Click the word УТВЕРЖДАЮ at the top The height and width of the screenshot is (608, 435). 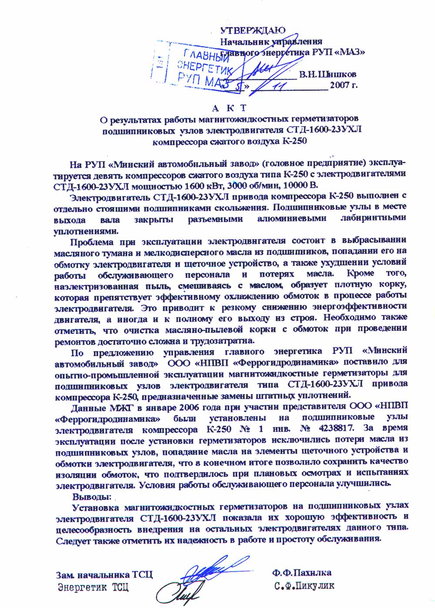pyautogui.click(x=253, y=30)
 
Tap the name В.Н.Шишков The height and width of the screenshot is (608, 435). pyautogui.click(x=328, y=74)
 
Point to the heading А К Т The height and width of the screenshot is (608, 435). pyautogui.click(x=230, y=107)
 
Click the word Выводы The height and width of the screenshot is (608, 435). pyautogui.click(x=92, y=496)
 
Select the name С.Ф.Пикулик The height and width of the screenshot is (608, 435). pyautogui.click(x=304, y=586)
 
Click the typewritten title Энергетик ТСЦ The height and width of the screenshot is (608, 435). pyautogui.click(x=93, y=588)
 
